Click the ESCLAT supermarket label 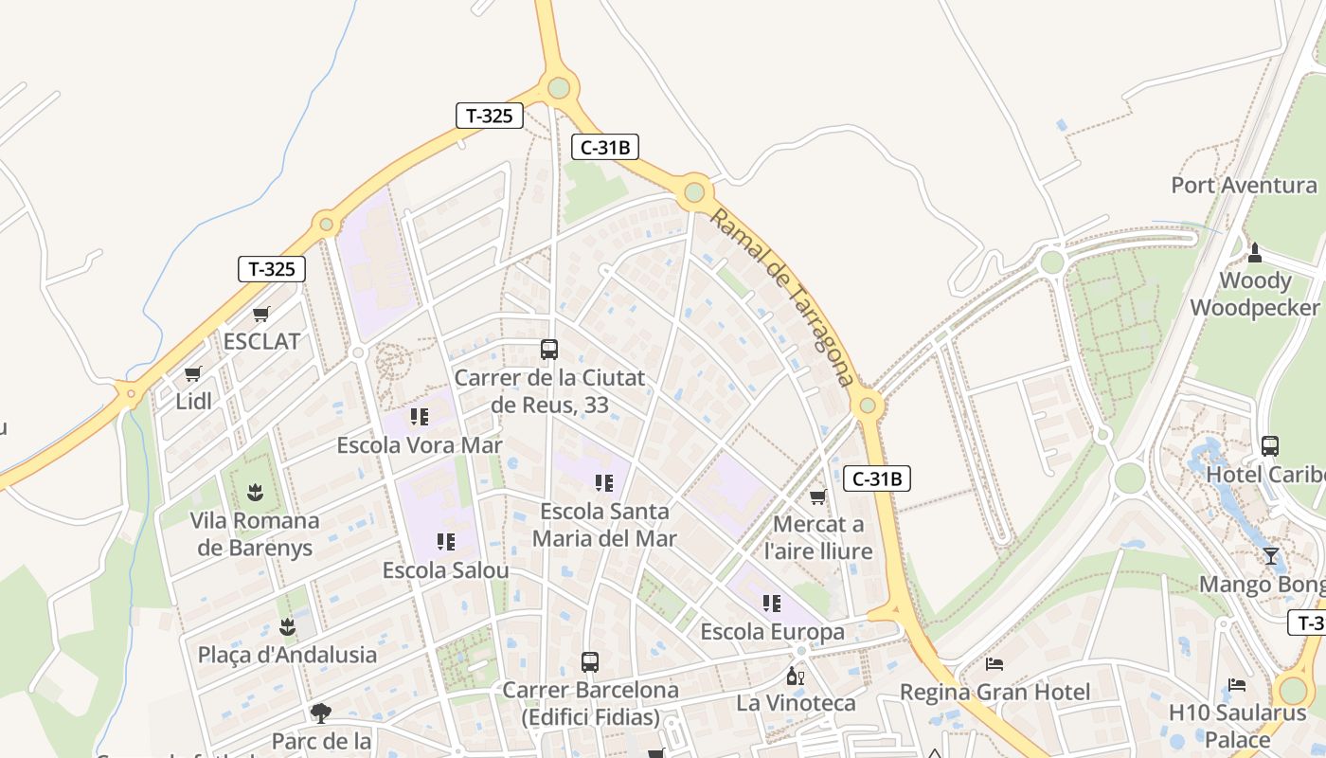coord(261,341)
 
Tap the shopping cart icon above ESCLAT coord(261,314)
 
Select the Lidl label coord(194,401)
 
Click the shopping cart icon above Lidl coord(193,374)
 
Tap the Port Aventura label coord(1244,185)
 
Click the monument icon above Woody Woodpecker coord(1255,253)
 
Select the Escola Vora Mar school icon coord(420,417)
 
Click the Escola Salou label coord(445,570)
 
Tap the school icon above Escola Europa coord(772,604)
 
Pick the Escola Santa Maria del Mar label coord(604,525)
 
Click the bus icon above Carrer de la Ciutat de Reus coord(549,350)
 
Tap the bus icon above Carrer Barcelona coord(590,662)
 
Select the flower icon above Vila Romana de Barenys coord(255,493)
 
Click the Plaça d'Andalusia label coord(287,654)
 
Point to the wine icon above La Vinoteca coord(796,676)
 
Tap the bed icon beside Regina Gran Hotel coord(994,664)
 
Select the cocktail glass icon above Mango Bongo coord(1270,556)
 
